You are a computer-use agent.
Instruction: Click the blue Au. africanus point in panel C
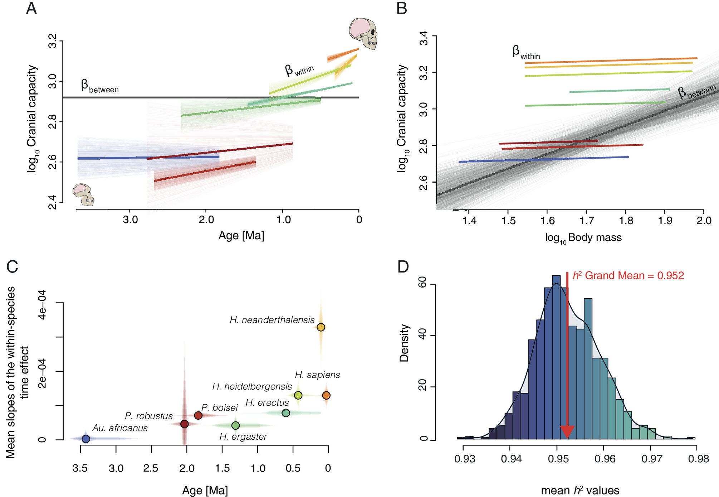click(x=86, y=439)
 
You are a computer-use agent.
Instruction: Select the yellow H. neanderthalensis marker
click(x=321, y=327)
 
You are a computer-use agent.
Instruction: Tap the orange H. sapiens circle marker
click(x=326, y=395)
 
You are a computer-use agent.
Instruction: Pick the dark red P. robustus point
click(x=184, y=424)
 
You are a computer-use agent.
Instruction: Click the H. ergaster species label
click(x=243, y=436)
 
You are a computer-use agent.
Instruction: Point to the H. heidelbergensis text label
click(x=252, y=386)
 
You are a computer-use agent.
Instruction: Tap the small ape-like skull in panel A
click(x=84, y=194)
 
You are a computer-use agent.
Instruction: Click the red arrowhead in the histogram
click(x=567, y=432)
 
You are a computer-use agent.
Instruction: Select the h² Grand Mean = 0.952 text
click(x=628, y=275)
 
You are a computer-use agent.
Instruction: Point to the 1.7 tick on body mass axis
click(x=587, y=221)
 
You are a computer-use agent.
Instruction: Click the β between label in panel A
click(x=99, y=86)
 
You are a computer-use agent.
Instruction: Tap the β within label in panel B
click(x=526, y=53)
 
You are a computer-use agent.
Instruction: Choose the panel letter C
click(x=12, y=266)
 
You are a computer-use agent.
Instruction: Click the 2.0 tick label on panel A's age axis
click(x=206, y=219)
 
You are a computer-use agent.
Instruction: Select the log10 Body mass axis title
click(x=583, y=238)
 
